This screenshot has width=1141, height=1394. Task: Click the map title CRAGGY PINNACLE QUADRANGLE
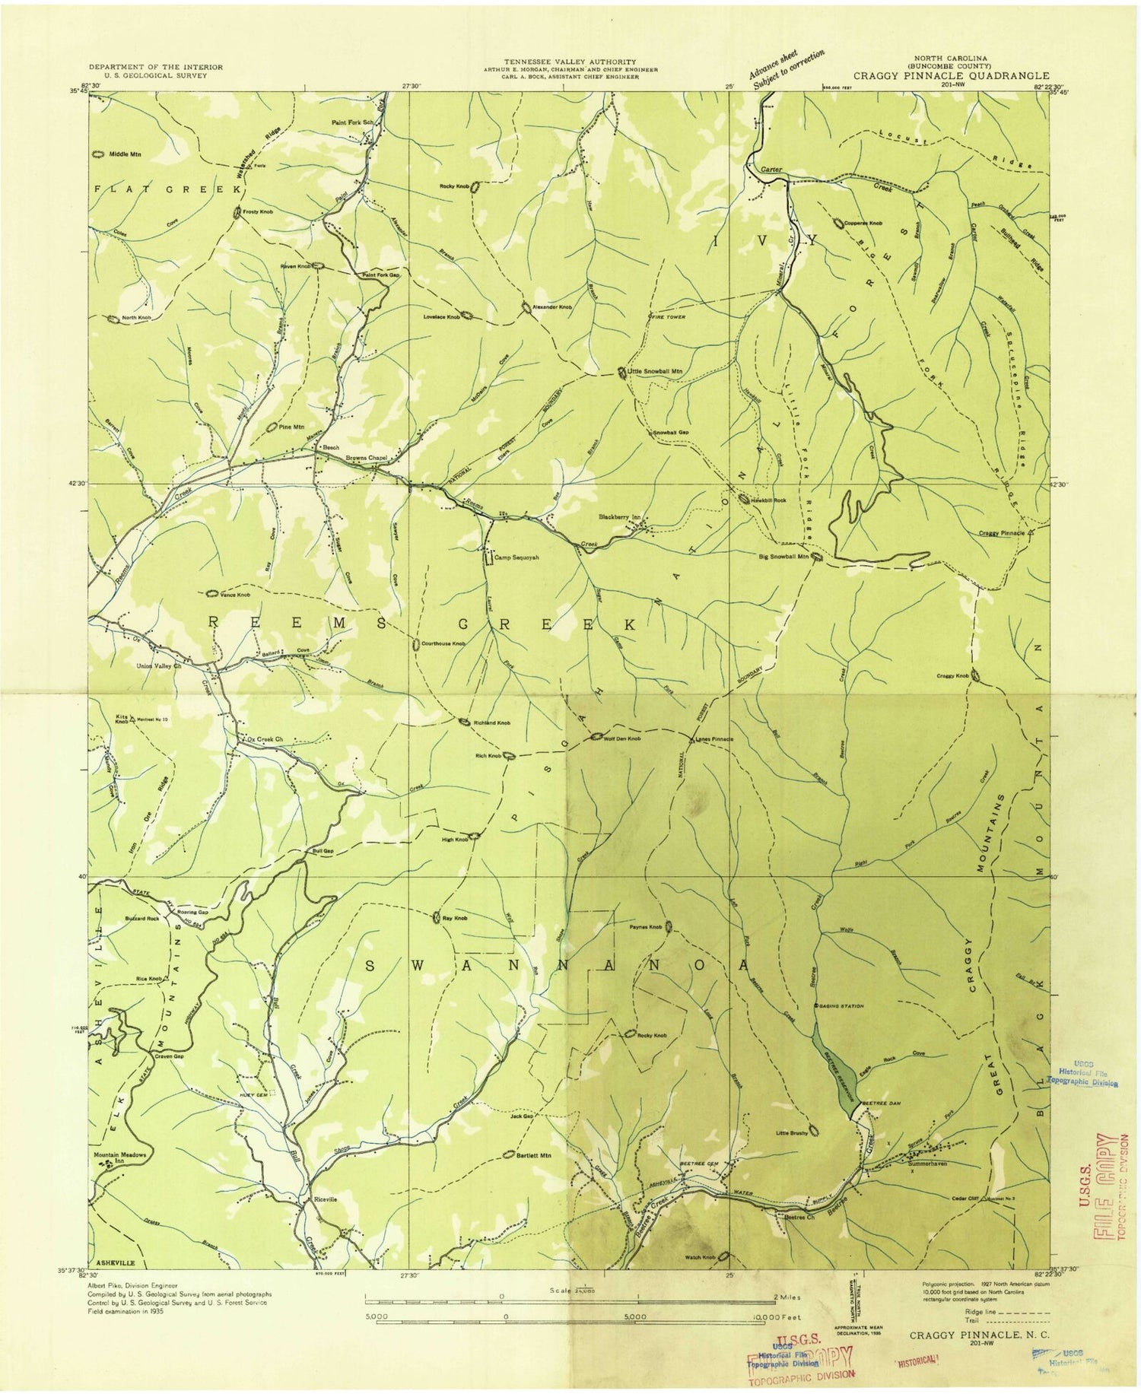point(951,76)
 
